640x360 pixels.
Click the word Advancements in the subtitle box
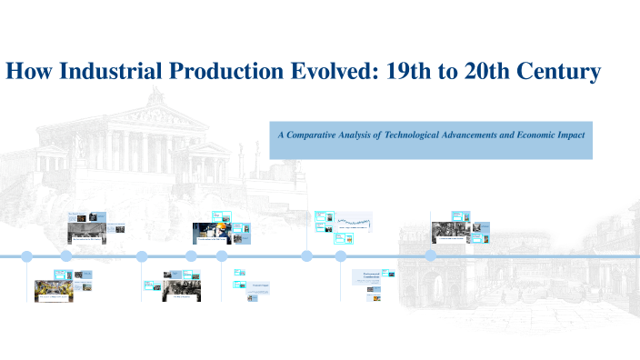491,134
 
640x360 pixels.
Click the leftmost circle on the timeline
26,256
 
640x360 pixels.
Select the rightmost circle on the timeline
431,256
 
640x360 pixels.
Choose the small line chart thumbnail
356,221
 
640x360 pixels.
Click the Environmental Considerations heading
370,275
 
